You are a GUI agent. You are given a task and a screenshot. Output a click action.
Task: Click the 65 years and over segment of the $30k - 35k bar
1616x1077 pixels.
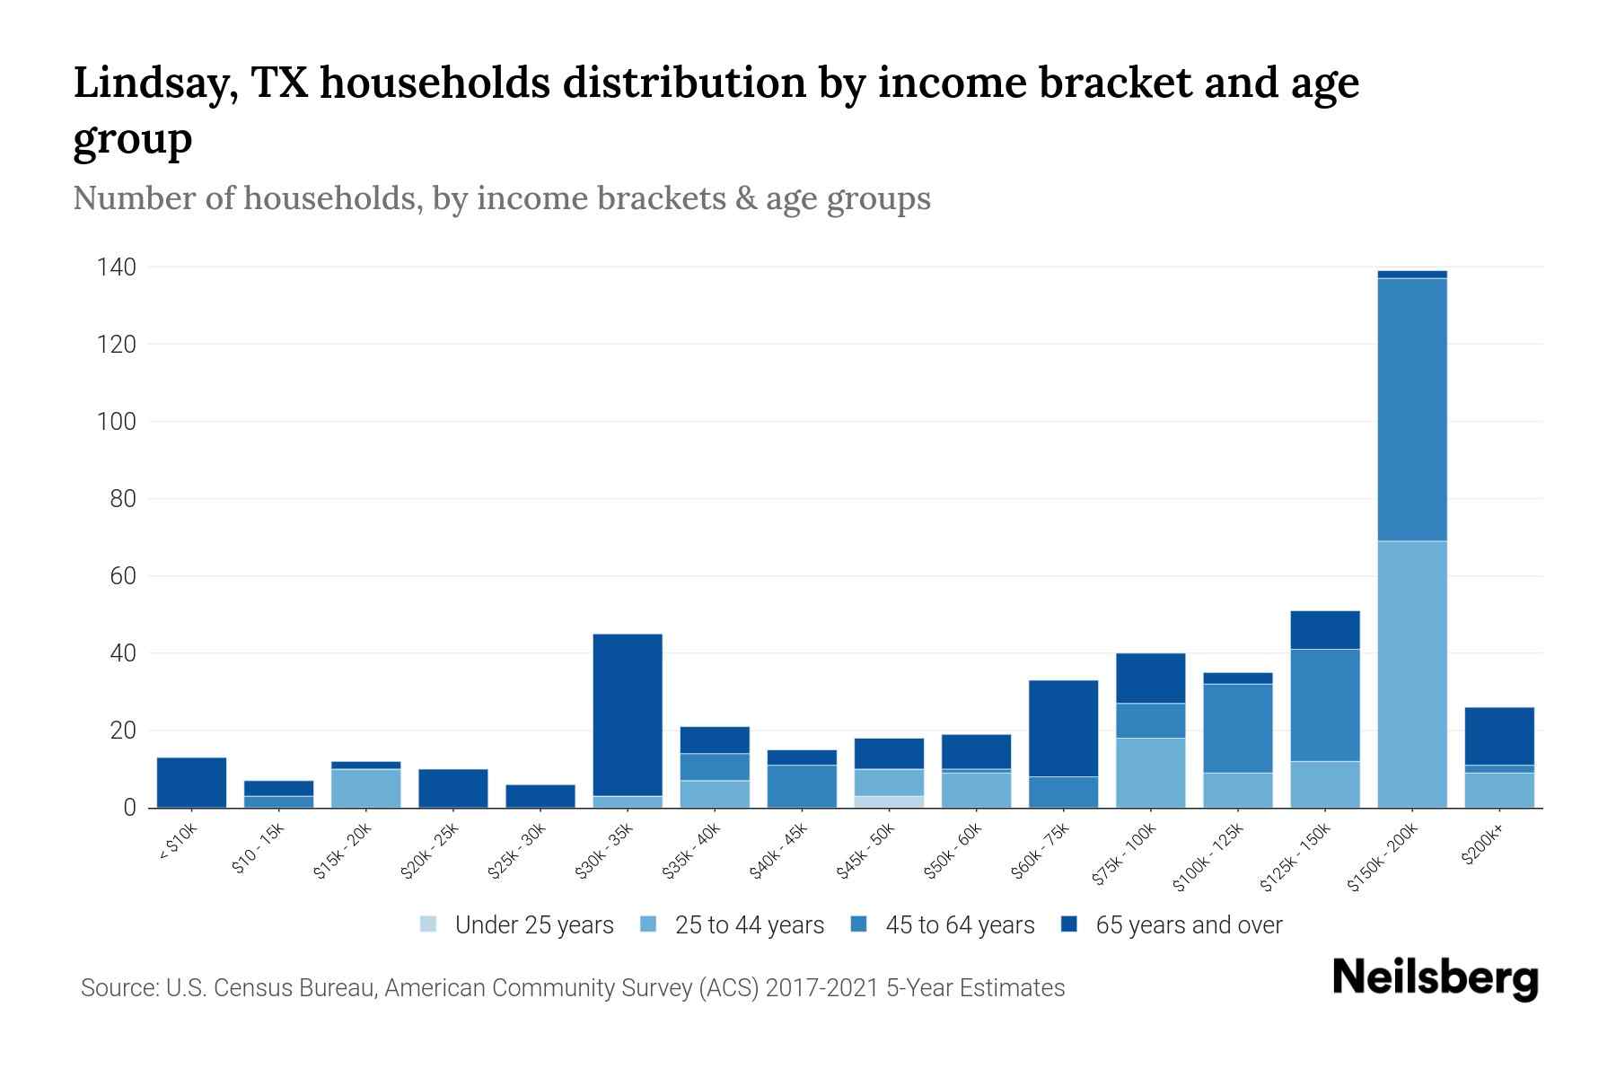(x=628, y=714)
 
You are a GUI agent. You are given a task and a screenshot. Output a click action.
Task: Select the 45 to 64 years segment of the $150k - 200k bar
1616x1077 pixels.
(x=1412, y=409)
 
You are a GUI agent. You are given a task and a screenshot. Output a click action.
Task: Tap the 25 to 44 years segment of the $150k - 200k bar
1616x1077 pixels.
(x=1412, y=673)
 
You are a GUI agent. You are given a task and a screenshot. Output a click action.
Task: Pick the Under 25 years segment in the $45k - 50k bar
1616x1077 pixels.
(x=890, y=801)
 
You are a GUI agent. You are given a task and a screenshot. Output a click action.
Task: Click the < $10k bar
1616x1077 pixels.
(x=191, y=783)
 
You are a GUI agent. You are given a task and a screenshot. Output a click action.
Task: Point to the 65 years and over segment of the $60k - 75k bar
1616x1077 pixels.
(x=1063, y=728)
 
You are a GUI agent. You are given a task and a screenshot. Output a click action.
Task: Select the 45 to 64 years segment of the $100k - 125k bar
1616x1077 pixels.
(x=1237, y=728)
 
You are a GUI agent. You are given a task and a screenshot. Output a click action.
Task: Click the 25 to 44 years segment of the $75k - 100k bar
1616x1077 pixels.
(x=1150, y=773)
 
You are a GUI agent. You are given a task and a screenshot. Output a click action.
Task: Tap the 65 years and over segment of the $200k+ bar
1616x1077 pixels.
(x=1499, y=736)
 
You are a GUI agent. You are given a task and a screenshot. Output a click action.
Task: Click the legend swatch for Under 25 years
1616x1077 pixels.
(x=428, y=924)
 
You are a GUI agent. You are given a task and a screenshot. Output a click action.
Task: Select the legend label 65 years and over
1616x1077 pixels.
(x=1189, y=924)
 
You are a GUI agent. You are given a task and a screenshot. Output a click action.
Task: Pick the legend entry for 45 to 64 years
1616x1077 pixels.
(x=960, y=924)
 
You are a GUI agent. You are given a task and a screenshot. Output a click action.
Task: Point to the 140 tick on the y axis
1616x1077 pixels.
(x=117, y=267)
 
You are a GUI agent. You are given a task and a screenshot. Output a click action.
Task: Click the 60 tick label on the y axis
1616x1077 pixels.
(x=123, y=575)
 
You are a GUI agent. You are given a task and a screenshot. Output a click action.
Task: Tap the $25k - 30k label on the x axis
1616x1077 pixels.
(x=517, y=852)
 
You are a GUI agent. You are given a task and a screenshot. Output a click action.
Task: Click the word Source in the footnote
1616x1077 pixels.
(x=118, y=988)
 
